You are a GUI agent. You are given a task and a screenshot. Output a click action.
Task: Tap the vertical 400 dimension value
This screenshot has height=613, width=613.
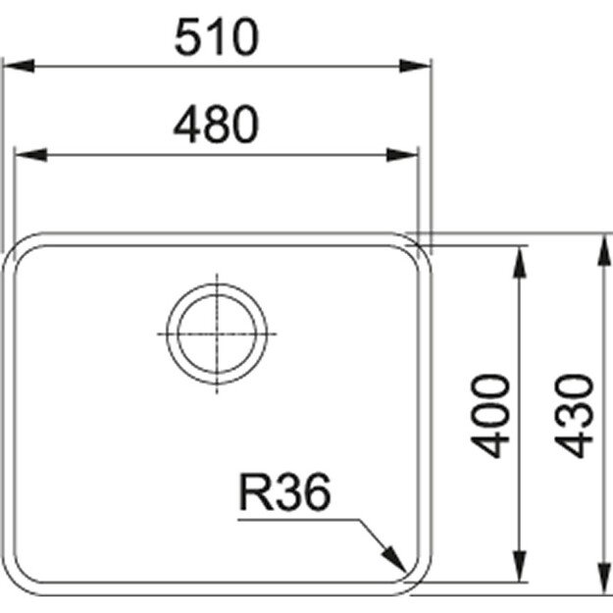494,415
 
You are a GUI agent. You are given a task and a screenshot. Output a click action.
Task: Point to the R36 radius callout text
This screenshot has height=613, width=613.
282,494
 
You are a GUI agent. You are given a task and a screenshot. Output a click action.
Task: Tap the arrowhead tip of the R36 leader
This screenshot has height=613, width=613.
406,572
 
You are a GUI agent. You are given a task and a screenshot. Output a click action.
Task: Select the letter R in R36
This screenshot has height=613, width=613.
254,494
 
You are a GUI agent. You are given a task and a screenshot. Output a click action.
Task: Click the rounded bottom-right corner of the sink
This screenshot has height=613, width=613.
417,581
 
